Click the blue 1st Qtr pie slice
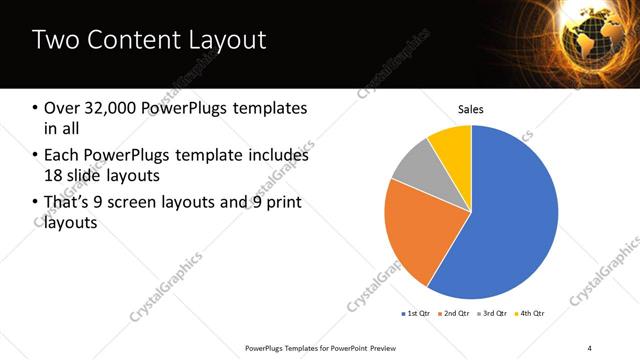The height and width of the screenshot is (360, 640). coord(510,220)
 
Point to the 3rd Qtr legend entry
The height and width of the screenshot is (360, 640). coord(493,313)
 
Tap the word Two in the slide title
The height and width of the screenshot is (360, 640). coord(54,41)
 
